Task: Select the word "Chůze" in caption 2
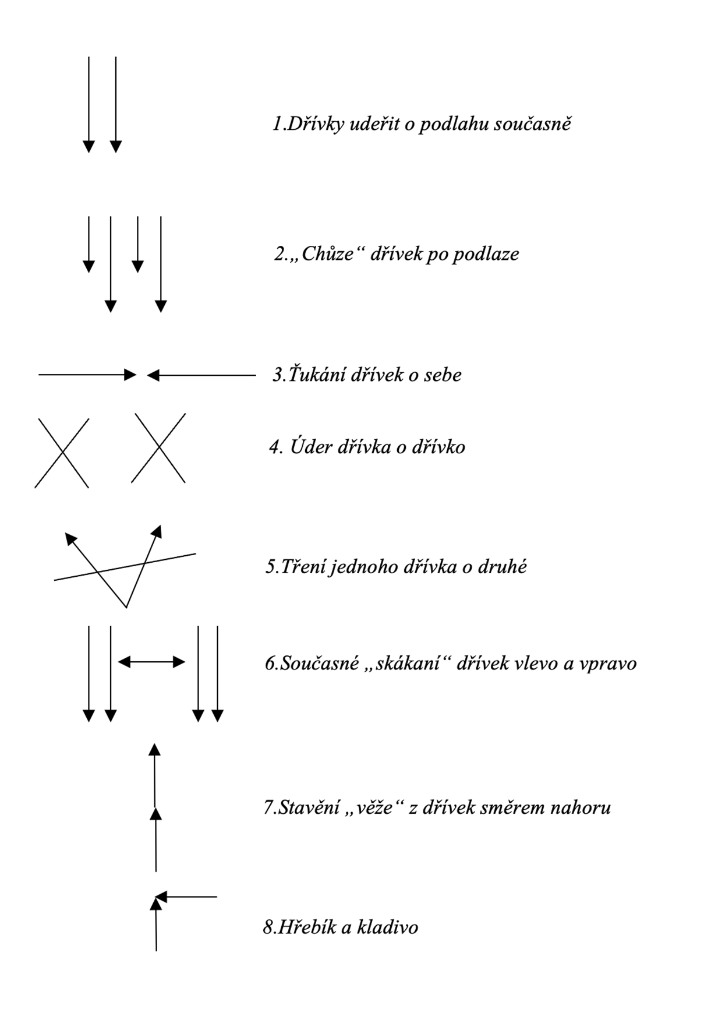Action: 328,255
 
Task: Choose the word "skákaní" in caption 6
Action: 408,664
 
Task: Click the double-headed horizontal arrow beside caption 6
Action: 151,662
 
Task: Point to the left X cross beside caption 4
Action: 62,453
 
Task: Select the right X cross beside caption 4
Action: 158,448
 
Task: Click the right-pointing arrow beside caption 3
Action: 87,375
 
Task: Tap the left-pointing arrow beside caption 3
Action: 201,376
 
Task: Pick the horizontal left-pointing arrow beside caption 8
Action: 186,897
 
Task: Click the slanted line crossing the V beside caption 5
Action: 175,558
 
